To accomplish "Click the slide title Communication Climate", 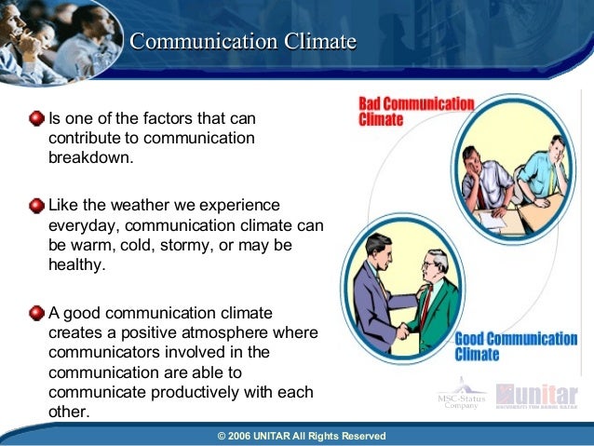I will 242,42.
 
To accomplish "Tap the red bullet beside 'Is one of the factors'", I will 36,119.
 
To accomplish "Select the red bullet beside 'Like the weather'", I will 36,204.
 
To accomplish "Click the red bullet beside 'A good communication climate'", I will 36,312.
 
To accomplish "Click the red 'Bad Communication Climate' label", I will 415,112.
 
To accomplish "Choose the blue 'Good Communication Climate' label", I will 515,345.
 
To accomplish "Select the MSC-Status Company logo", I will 462,395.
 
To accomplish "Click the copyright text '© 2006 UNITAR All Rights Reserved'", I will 301,436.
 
